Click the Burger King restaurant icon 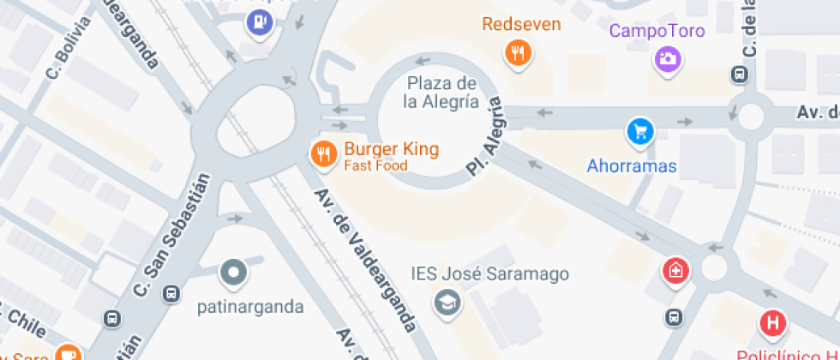[x=322, y=153]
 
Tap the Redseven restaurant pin [x=517, y=53]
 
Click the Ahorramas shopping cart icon [x=639, y=131]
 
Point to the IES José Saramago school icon [x=447, y=302]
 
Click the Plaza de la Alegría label [x=441, y=93]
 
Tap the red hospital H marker [x=772, y=324]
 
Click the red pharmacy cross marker [x=676, y=272]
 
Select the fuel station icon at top [x=258, y=22]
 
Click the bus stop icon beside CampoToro [x=738, y=75]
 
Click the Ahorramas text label [x=632, y=166]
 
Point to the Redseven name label [x=521, y=24]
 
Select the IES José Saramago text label [x=490, y=274]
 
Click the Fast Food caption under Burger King [x=375, y=165]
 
